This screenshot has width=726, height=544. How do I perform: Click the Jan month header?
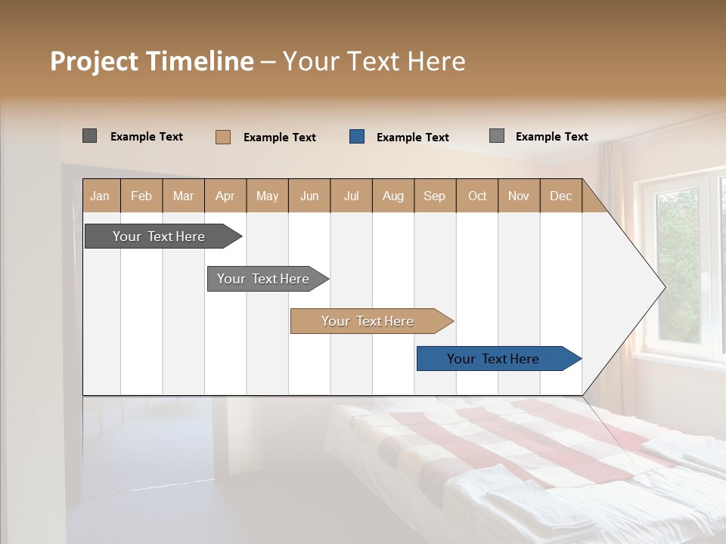point(100,196)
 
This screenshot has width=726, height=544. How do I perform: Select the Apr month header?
point(225,196)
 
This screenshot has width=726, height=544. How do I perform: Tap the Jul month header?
point(351,196)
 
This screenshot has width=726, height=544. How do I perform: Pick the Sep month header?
point(434,196)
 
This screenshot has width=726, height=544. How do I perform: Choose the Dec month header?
point(560,196)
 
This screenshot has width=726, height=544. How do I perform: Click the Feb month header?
point(141,196)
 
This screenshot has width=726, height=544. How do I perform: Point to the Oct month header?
point(477,196)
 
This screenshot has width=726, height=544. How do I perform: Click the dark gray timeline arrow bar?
point(159,236)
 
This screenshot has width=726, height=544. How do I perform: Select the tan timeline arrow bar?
point(368,321)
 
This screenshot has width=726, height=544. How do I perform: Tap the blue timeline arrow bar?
point(493,359)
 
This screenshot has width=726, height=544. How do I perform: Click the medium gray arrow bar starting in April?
point(263,279)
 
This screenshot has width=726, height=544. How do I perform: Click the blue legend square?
point(357,137)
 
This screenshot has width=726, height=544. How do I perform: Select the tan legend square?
point(223,137)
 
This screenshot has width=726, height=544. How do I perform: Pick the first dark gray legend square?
point(89,136)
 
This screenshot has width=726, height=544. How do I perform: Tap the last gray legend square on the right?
point(496,136)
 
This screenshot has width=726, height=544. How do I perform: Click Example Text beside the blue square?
point(412,138)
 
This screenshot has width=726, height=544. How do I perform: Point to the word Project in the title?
point(95,61)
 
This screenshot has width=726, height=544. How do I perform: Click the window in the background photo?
point(681,264)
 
